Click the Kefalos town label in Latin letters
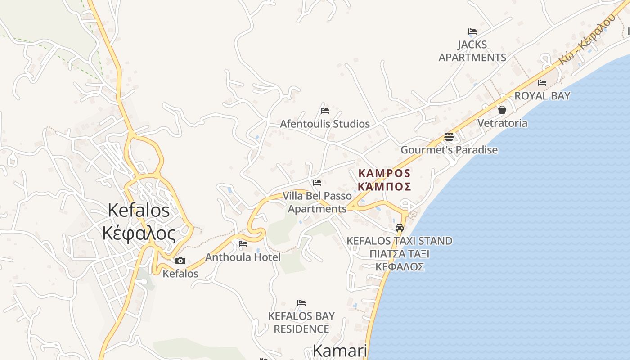point(139,211)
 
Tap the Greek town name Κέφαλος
point(139,234)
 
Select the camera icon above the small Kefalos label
point(180,261)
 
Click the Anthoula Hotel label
point(243,257)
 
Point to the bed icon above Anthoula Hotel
point(243,244)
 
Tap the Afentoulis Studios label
point(325,124)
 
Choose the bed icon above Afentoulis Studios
point(325,110)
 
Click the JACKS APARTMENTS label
point(472,51)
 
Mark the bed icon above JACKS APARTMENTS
point(472,31)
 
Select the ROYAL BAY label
point(542,96)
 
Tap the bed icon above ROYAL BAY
point(542,83)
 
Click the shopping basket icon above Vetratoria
point(502,110)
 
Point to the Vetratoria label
point(502,123)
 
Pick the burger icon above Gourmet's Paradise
point(449,136)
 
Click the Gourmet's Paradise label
point(449,150)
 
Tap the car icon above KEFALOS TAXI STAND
point(400,227)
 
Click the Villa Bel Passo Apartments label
point(317,202)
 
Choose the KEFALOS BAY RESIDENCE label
point(301,322)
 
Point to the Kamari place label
point(340,351)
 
